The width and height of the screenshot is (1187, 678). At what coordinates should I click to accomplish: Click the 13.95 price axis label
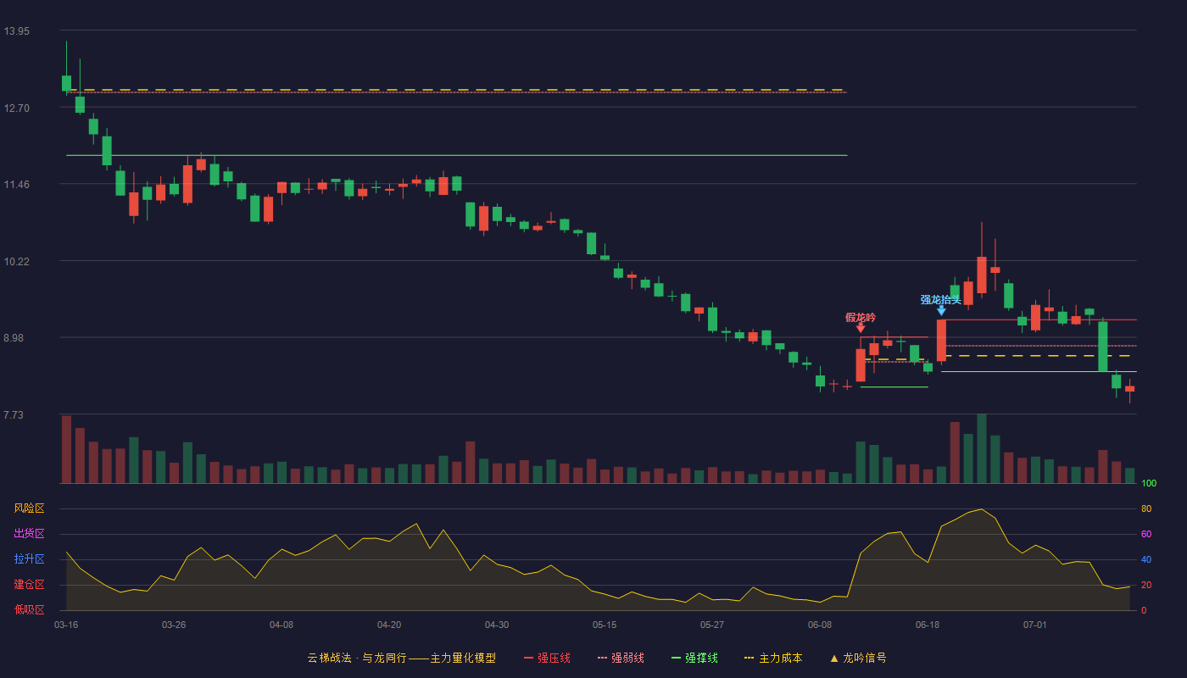pyautogui.click(x=16, y=31)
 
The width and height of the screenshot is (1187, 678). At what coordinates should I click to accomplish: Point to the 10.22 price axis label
pyautogui.click(x=16, y=262)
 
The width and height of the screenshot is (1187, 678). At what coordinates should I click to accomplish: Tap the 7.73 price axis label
pyautogui.click(x=14, y=414)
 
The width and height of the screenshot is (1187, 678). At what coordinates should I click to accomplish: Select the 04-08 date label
pyautogui.click(x=281, y=625)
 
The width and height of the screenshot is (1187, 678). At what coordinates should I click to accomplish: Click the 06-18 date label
pyautogui.click(x=928, y=625)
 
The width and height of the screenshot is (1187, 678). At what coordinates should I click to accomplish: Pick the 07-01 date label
pyautogui.click(x=1035, y=625)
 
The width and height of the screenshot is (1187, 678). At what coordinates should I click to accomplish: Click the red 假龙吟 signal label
pyautogui.click(x=861, y=317)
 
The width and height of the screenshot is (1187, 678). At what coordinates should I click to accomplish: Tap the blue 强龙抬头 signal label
pyautogui.click(x=940, y=300)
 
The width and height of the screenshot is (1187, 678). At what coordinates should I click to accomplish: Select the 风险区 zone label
pyautogui.click(x=29, y=508)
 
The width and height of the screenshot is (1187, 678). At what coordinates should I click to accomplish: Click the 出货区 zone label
pyautogui.click(x=29, y=533)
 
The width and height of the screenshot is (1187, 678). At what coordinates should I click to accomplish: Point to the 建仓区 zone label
pyautogui.click(x=29, y=584)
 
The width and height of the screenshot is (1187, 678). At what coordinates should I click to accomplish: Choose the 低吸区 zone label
pyautogui.click(x=29, y=609)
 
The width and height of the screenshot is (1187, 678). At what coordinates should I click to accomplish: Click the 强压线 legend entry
pyautogui.click(x=547, y=658)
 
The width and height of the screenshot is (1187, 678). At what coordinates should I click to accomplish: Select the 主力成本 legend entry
pyautogui.click(x=773, y=658)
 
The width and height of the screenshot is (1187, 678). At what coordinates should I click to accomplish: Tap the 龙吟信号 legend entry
pyautogui.click(x=858, y=658)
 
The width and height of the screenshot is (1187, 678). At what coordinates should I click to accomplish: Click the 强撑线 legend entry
pyautogui.click(x=694, y=658)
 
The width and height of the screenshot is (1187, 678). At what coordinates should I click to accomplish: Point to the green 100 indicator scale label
pyautogui.click(x=1149, y=483)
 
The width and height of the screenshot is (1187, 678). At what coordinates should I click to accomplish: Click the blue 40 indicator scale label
pyautogui.click(x=1146, y=559)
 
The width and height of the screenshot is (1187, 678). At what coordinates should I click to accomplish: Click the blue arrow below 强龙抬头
pyautogui.click(x=941, y=310)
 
